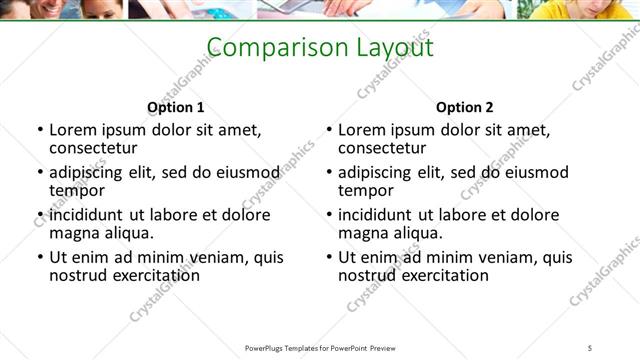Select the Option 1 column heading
click(175, 107)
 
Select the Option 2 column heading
click(465, 107)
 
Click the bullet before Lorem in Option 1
click(39, 130)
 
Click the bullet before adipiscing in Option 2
click(328, 173)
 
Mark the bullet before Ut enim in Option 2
click(328, 257)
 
